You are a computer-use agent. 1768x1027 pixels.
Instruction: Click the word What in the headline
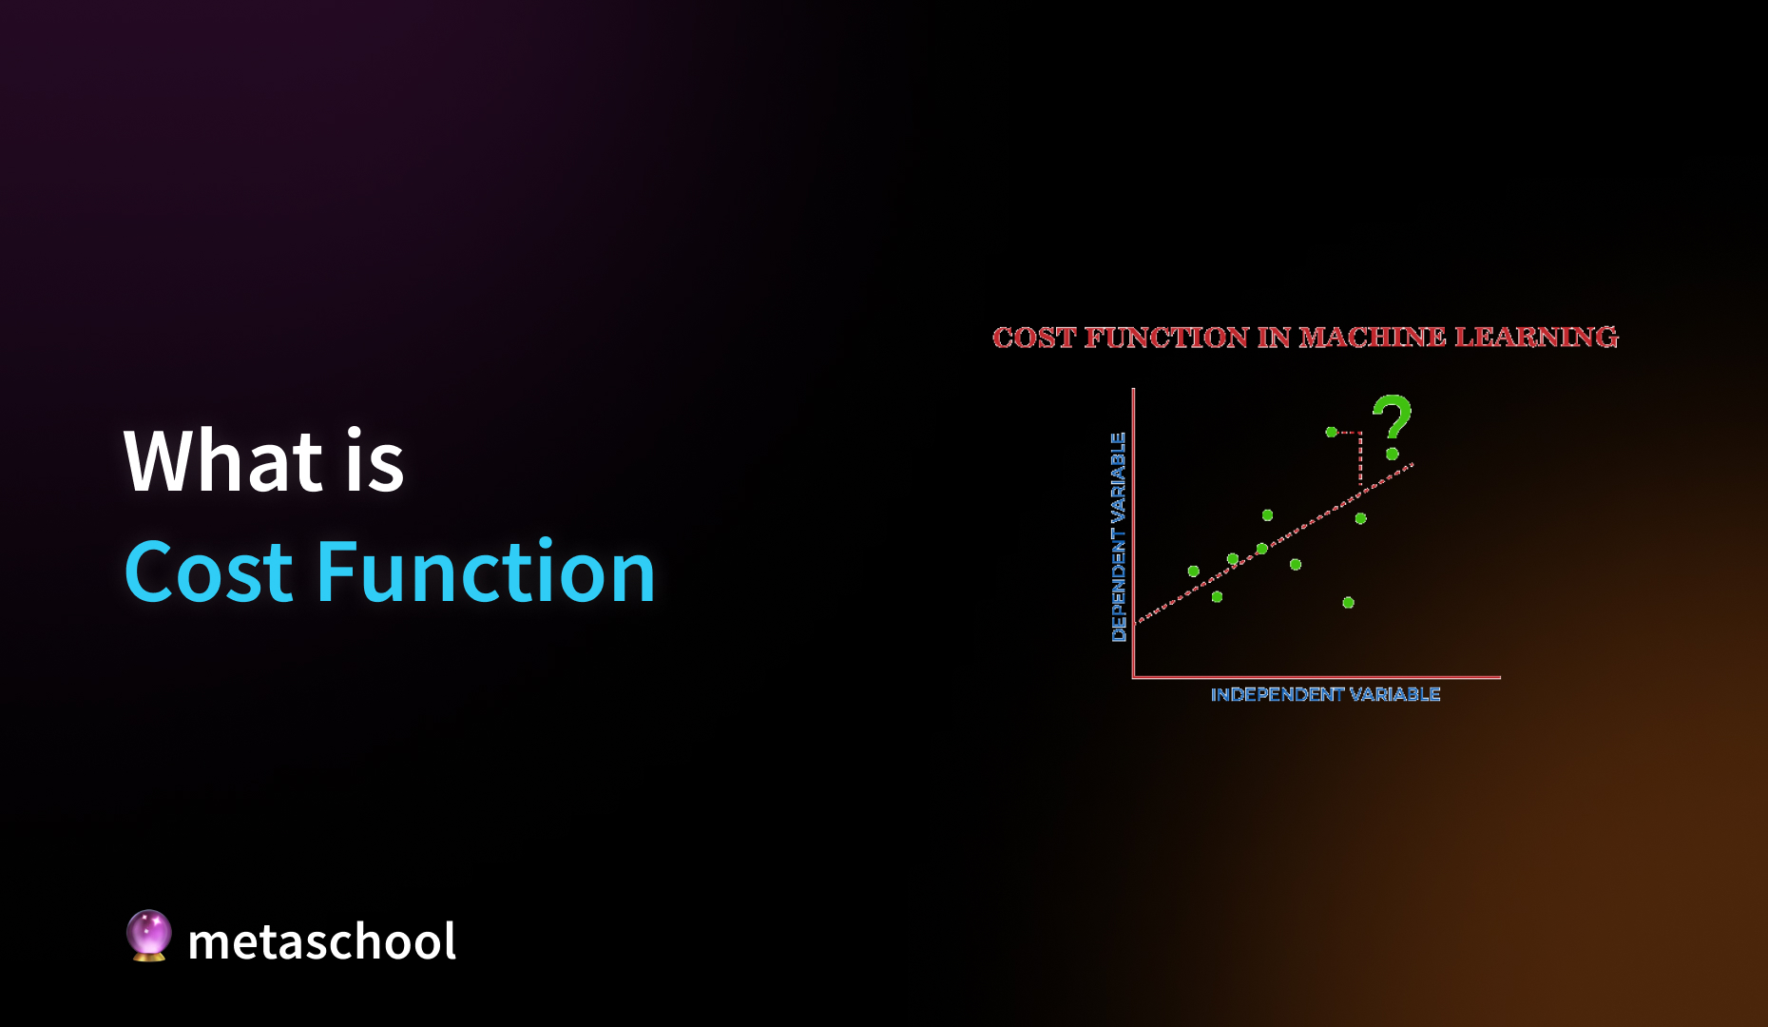[224, 461]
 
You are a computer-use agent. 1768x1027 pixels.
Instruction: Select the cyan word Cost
[208, 572]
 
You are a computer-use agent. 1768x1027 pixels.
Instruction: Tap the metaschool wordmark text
[322, 941]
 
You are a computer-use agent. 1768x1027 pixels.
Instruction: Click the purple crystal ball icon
[149, 936]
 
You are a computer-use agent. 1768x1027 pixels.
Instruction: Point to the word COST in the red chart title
[1034, 338]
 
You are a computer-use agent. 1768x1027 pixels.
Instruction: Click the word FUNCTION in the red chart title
[1167, 338]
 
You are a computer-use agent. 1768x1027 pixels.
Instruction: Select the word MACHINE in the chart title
[1372, 338]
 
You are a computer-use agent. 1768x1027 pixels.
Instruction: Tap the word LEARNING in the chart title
[1536, 338]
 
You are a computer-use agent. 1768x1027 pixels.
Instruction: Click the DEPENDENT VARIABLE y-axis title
[1119, 537]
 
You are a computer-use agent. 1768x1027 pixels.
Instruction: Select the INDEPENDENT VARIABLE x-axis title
[1325, 695]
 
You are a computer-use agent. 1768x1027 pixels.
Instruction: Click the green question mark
[1393, 428]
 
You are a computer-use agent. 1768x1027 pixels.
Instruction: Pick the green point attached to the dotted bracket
[1332, 432]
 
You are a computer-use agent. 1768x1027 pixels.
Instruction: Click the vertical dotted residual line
[1361, 461]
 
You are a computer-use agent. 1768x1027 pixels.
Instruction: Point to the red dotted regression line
[1276, 543]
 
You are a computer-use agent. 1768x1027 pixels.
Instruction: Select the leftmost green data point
[1194, 572]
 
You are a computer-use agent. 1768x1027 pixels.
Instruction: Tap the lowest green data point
[1348, 602]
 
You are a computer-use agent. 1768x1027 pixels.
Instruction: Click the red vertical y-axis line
[1133, 533]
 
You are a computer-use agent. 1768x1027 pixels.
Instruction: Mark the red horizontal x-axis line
[1316, 677]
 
